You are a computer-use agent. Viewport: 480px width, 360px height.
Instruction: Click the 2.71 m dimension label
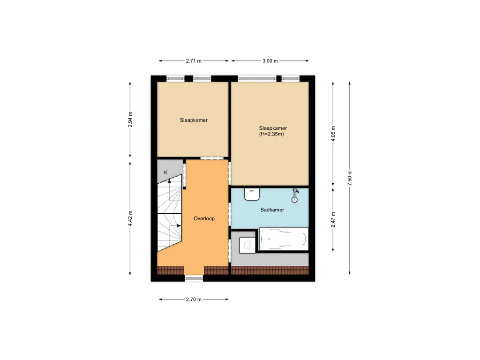coord(194,61)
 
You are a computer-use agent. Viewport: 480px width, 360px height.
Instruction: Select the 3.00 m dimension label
coord(270,61)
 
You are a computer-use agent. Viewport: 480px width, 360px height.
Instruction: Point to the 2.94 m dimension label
coord(130,120)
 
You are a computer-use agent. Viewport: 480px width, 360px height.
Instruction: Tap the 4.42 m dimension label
coord(130,218)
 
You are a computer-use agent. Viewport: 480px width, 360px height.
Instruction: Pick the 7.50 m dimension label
coord(349,178)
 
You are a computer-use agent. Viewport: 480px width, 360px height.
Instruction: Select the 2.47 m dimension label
coord(333,219)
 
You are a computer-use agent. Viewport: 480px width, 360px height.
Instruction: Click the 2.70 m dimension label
coord(194,300)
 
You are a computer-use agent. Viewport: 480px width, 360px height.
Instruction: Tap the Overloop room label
coord(204,218)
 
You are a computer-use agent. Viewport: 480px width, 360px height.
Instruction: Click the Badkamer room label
coord(272,210)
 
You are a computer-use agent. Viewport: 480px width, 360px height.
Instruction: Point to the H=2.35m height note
coord(271,134)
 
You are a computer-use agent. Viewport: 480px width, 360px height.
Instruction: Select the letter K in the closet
coord(165,172)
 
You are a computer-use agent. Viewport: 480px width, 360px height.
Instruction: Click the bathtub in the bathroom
coord(284,240)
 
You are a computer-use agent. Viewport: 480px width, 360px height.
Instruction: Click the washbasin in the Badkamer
coord(252,193)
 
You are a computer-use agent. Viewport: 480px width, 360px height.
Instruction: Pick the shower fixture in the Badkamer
coord(295,195)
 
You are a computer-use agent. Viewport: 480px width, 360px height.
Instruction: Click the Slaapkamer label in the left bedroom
coord(194,120)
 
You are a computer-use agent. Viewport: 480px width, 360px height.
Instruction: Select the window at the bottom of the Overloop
coord(194,278)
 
